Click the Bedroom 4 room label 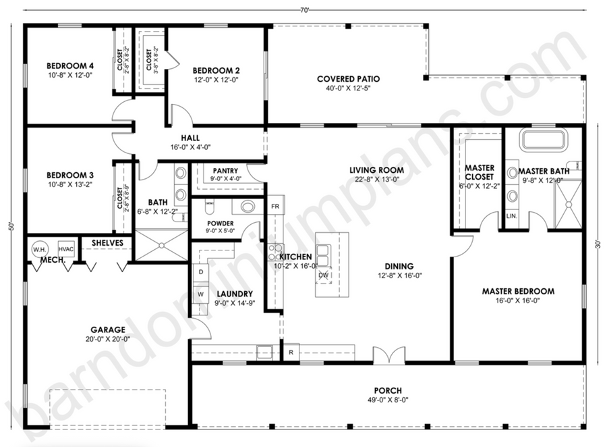tap(70, 66)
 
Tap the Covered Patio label tap(349, 79)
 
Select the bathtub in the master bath tap(544, 140)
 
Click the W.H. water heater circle tap(40, 249)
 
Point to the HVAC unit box tap(66, 249)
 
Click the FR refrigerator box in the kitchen tap(275, 206)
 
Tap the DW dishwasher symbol tap(324, 275)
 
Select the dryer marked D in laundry tap(201, 272)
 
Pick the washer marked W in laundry tap(201, 294)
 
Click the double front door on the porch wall tap(389, 355)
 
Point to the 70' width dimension tap(305, 11)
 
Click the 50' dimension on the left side tap(12, 226)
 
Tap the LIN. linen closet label tap(512, 216)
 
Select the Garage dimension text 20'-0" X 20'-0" tap(108, 339)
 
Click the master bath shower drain tap(569, 204)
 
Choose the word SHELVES tap(107, 243)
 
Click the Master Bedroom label tap(518, 291)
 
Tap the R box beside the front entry tap(291, 352)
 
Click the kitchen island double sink tap(324, 255)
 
